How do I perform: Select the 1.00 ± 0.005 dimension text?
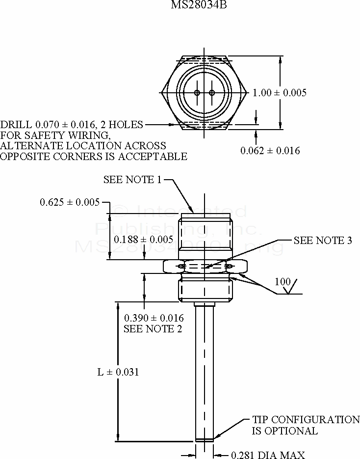click(280, 93)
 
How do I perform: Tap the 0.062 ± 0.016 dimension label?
click(270, 151)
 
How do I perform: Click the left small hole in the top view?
click(197, 93)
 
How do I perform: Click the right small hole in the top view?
click(211, 93)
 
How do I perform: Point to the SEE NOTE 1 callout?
click(132, 180)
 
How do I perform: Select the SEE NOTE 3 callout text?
click(323, 241)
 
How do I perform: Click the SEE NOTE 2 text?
click(153, 329)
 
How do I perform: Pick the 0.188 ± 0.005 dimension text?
click(143, 240)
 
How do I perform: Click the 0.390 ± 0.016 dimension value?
click(154, 318)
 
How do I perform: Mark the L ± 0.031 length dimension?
click(118, 372)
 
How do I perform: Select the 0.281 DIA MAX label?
click(268, 455)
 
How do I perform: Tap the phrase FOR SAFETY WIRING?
click(55, 135)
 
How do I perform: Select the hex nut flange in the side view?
click(204, 267)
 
